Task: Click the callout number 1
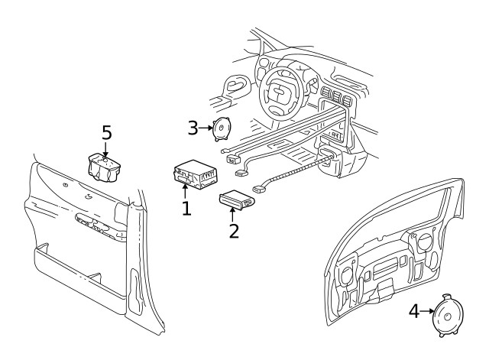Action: [x=186, y=207]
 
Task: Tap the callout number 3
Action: [x=194, y=127]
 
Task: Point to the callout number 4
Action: [x=413, y=311]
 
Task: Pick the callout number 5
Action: [x=107, y=133]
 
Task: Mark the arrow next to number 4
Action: [x=426, y=311]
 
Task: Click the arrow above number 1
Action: [x=185, y=190]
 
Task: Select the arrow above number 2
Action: [x=232, y=213]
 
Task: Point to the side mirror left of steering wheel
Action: [x=236, y=82]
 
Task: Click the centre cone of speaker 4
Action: [x=445, y=313]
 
